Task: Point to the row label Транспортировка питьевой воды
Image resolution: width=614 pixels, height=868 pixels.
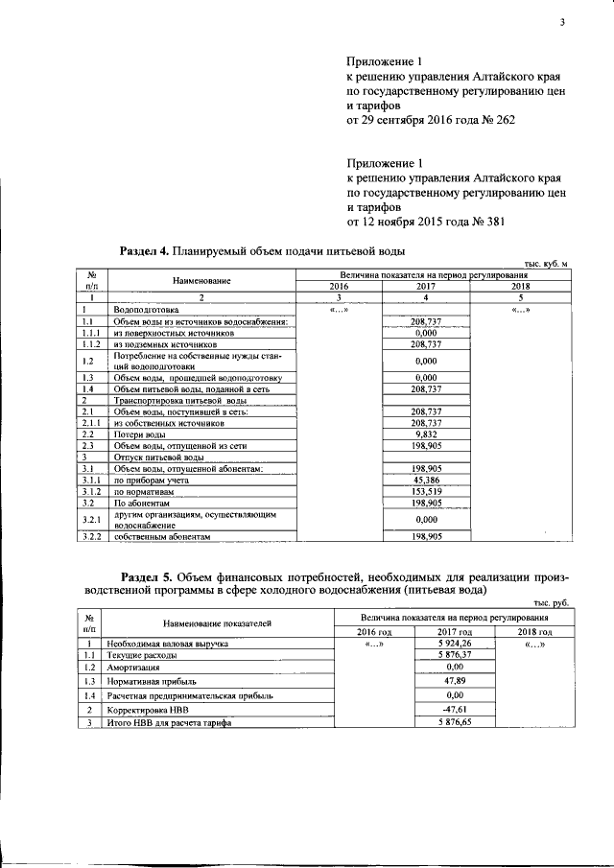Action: (x=168, y=400)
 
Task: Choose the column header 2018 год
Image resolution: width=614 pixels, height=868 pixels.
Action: (x=535, y=632)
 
